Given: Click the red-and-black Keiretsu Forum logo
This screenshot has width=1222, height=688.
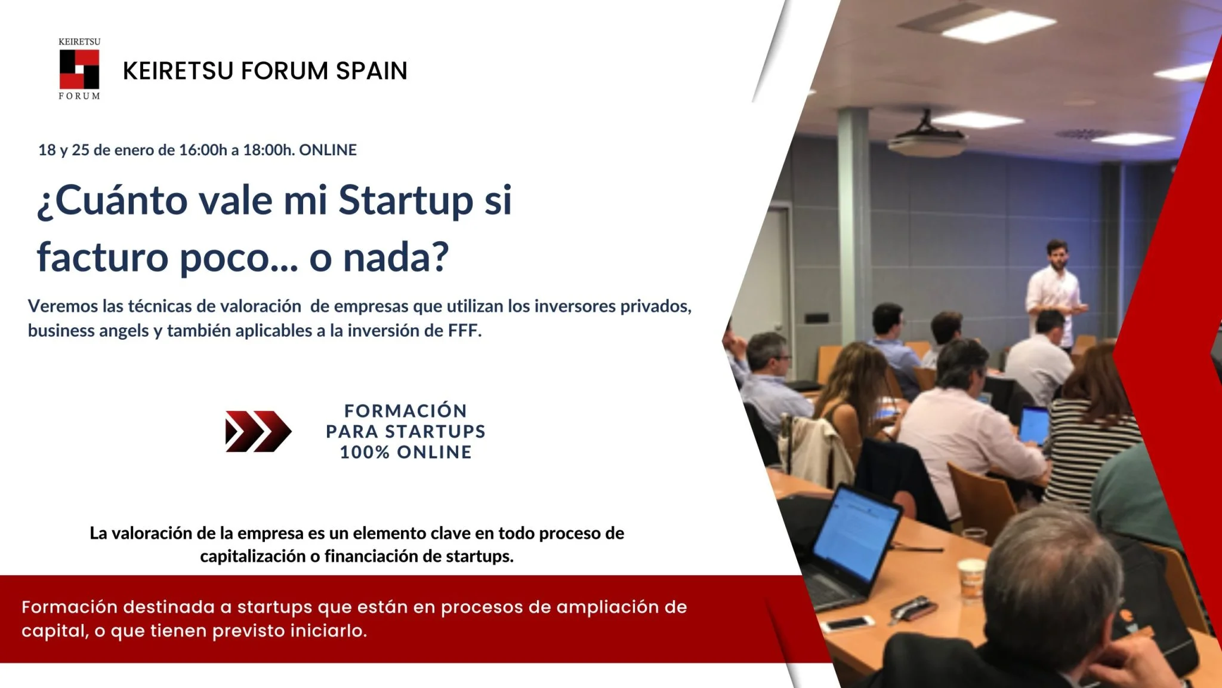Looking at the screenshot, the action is [x=79, y=69].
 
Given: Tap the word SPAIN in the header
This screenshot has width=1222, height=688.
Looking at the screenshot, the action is [x=371, y=70].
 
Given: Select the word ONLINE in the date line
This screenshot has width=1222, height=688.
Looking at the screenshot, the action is [x=328, y=150].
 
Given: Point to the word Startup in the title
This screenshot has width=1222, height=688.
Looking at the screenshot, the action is [x=406, y=201].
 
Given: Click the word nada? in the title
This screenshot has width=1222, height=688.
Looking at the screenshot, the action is [x=396, y=257].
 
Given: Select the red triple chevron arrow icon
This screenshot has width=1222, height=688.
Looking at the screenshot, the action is [x=258, y=431].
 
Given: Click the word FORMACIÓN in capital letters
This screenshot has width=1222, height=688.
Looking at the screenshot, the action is [x=406, y=411].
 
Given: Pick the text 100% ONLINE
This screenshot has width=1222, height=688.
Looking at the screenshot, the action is [x=406, y=452].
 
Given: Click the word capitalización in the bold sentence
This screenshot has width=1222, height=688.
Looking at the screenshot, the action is [x=252, y=557].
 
